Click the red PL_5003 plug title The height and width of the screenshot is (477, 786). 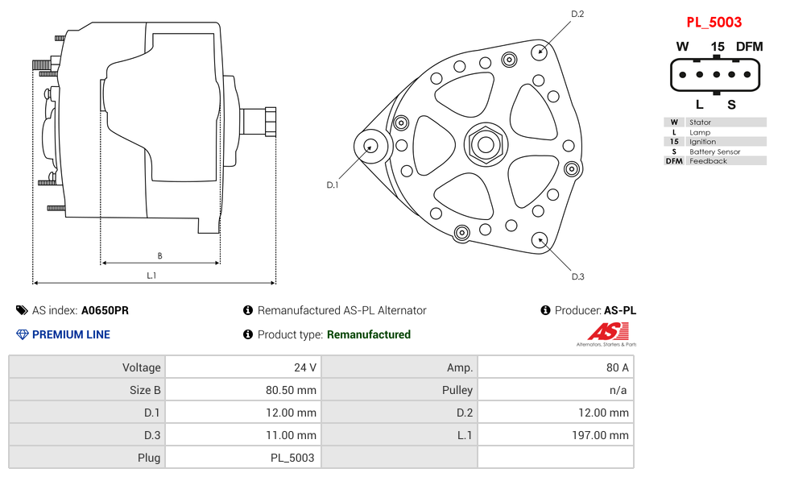coord(714,22)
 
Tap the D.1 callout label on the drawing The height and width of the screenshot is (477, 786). coord(332,185)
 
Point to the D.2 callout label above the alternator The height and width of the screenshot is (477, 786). coord(577,14)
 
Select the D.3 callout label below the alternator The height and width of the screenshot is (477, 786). coord(577,276)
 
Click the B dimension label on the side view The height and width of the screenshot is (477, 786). coord(159,256)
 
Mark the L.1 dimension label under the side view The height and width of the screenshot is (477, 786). coord(151,276)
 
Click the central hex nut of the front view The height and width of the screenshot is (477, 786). coord(485,145)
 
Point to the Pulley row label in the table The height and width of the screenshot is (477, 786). coord(457,390)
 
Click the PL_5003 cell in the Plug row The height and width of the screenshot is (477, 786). coord(293,458)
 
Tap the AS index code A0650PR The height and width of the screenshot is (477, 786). coord(105,310)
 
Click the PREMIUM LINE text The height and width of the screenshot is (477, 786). coord(71,334)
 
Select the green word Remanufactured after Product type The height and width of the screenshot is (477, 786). coord(368,334)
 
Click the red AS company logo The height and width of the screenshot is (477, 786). coord(606,332)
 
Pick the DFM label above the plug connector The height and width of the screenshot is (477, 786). coord(748,47)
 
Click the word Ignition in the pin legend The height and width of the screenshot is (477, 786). coord(702,142)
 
